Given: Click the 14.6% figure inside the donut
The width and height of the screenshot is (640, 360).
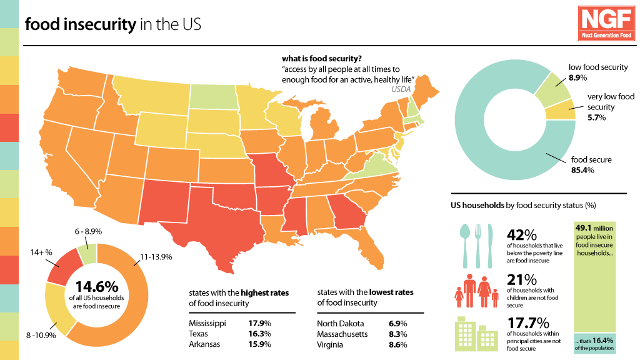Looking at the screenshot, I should (x=97, y=286).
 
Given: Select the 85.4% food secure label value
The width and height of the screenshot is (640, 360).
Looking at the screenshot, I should (x=581, y=170).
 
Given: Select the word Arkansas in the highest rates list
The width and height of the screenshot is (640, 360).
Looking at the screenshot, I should (x=204, y=344).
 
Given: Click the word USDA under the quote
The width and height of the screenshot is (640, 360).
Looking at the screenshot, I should (x=401, y=90).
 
